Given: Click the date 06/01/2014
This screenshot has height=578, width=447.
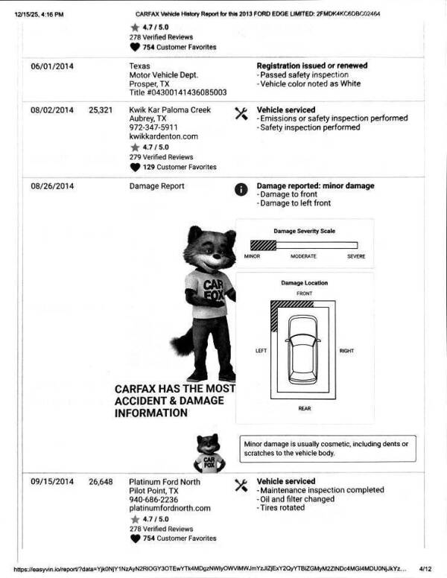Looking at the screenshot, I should click(51, 66).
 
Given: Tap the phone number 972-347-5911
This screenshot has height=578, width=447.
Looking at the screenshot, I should click(153, 127).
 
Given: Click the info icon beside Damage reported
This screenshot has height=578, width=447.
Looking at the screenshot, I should click(241, 189).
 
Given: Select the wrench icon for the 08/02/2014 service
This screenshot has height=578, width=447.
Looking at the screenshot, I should click(241, 113).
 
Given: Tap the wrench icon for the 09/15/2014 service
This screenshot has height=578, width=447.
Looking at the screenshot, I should click(241, 485).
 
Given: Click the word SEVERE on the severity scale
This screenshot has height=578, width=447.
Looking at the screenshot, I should click(356, 256).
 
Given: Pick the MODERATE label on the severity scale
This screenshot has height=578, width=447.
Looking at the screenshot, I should click(303, 256).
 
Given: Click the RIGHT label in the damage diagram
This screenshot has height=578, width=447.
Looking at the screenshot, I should click(346, 351).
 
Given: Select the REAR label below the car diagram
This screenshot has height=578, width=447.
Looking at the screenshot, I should click(304, 408).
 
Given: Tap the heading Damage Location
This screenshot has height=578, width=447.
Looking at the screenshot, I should click(304, 283).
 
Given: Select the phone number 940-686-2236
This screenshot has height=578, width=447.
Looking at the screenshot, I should click(153, 500).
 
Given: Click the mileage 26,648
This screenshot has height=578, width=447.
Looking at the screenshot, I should click(101, 482).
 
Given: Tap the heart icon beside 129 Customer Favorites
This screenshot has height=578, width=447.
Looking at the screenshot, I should click(135, 167).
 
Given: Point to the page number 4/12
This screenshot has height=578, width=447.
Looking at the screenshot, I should click(425, 568).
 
